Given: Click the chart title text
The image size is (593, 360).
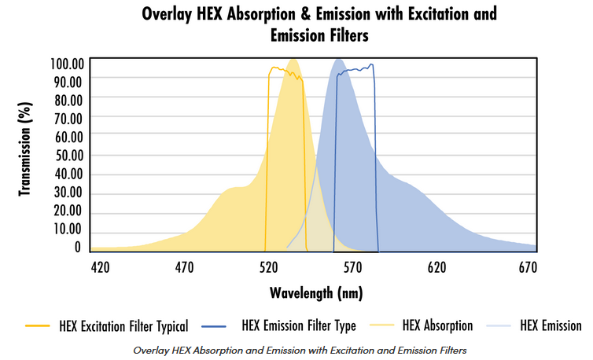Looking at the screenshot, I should [x=319, y=24].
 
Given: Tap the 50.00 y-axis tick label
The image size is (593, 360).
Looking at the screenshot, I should [x=66, y=156].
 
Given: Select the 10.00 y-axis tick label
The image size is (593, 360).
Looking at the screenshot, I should [x=66, y=229].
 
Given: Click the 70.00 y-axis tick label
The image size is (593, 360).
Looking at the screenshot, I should [x=66, y=119].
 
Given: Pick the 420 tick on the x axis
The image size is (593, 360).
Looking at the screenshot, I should [x=100, y=266].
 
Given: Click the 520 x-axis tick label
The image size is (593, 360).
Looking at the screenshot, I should [x=268, y=266].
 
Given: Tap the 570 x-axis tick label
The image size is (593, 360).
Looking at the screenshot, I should [x=352, y=266].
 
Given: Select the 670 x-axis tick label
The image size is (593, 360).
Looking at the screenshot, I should [x=521, y=266].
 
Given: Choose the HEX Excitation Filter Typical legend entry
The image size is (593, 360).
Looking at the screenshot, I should [x=123, y=325].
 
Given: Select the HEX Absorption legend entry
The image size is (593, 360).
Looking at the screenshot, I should [x=436, y=325].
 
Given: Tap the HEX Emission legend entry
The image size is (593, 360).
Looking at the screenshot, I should [x=551, y=325].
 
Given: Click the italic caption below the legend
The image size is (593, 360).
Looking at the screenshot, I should [x=301, y=348].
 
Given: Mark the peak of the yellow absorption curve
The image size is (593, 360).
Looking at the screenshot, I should [x=293, y=60].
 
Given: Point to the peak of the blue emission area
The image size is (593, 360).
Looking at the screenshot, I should [x=339, y=60].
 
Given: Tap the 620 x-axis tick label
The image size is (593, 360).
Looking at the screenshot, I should [x=437, y=266].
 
